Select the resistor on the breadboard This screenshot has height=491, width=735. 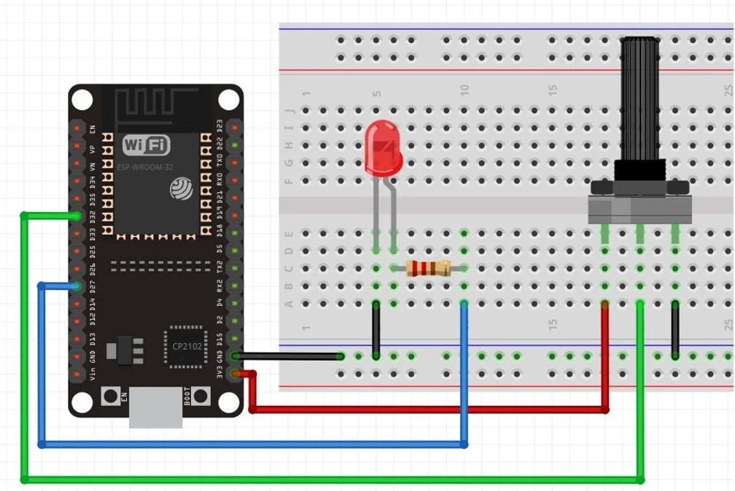click(428, 268)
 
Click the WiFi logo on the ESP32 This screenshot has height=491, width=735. click(146, 145)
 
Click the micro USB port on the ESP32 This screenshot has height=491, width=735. click(155, 407)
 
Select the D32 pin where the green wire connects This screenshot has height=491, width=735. click(77, 216)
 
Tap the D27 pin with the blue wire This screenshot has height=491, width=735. click(77, 286)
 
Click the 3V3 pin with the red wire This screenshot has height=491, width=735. click(235, 374)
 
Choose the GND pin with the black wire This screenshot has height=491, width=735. click(235, 356)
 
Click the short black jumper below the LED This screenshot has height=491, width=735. click(376, 329)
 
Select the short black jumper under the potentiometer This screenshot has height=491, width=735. click(675, 329)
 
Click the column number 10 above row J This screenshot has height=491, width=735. click(464, 90)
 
